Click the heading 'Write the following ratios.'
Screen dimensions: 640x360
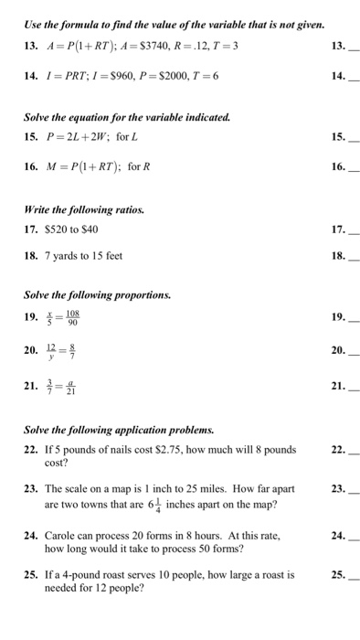pos(74,209)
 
